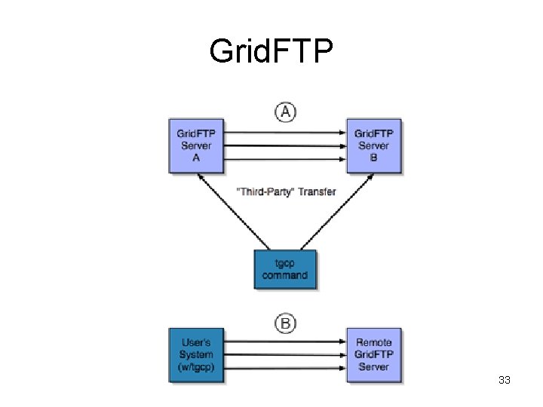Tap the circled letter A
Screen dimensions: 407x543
[x=285, y=112]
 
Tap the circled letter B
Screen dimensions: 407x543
[x=285, y=324]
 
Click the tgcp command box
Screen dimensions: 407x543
[x=285, y=269]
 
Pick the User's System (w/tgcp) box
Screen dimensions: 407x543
[x=196, y=355]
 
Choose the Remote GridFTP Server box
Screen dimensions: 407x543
[x=373, y=355]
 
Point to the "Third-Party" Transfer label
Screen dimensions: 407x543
[x=286, y=191]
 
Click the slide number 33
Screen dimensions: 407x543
[x=505, y=381]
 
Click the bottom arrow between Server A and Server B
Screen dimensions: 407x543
[x=285, y=158]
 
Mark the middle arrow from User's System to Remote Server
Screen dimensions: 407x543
[x=285, y=354]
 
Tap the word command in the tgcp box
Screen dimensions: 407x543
[x=285, y=275]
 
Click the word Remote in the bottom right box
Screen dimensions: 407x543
[x=373, y=343]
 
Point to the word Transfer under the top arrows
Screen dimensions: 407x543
[x=316, y=191]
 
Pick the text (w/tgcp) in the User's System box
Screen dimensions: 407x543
[x=196, y=367]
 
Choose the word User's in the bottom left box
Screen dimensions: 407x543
[x=196, y=343]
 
